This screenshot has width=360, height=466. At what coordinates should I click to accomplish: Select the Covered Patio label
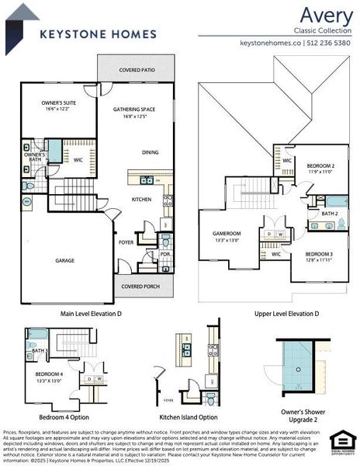point(135,70)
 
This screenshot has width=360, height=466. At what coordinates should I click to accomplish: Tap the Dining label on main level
point(151,152)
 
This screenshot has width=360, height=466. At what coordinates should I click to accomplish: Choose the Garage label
point(65,260)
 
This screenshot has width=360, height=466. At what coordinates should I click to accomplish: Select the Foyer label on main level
point(126,241)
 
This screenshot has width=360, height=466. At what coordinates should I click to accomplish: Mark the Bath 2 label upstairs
point(330,213)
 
